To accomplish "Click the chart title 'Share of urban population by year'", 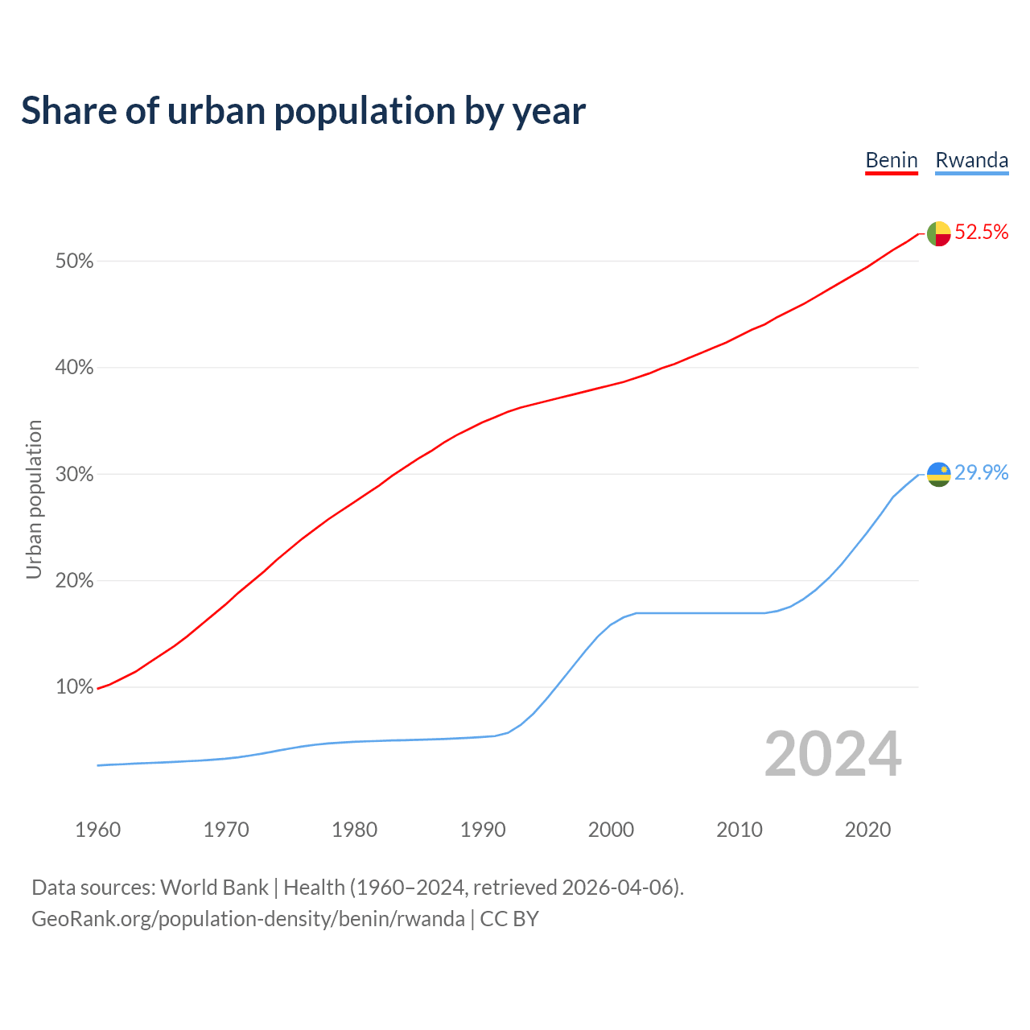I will tap(303, 111).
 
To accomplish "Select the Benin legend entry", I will tap(892, 160).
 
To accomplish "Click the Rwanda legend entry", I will tap(971, 160).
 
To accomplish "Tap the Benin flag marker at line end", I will tap(939, 233).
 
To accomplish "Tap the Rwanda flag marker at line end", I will tap(939, 474).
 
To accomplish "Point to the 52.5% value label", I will tap(981, 233).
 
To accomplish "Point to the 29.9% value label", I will tap(981, 473).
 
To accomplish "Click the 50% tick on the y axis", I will tap(75, 262).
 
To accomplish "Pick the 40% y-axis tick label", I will tap(75, 368).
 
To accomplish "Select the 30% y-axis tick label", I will tap(75, 475).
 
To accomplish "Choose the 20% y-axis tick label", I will tap(75, 581).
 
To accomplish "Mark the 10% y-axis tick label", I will tap(75, 687).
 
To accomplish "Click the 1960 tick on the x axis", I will tap(98, 830).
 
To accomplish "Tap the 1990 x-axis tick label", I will tap(483, 830).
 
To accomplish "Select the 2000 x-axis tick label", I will tap(612, 830).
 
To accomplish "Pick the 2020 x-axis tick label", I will tap(867, 830).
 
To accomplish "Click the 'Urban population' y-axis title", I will tap(34, 499).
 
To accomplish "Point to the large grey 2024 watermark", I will tap(833, 755).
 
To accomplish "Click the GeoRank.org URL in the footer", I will tap(248, 919).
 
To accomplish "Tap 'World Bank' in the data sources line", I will tap(214, 888).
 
